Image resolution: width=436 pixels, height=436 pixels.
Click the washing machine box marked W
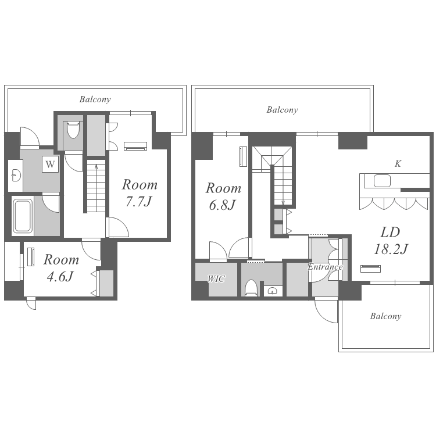[51, 164]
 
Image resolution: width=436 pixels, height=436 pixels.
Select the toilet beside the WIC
[251, 288]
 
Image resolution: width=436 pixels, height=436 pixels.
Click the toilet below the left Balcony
[73, 129]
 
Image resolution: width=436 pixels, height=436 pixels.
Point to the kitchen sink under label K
[382, 181]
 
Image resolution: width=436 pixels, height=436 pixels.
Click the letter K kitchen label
[398, 164]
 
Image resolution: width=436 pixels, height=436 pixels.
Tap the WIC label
[216, 278]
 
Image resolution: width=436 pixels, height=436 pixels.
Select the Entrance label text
[325, 267]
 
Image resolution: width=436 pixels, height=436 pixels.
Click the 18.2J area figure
[391, 249]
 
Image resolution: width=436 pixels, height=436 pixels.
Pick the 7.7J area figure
[138, 201]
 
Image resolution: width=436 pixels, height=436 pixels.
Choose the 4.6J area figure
[60, 276]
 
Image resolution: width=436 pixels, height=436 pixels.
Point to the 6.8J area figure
[222, 205]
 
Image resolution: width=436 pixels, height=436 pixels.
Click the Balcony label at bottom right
[385, 316]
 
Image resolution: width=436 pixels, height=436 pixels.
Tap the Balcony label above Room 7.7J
[95, 99]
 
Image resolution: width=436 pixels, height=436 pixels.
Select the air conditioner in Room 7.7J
[135, 146]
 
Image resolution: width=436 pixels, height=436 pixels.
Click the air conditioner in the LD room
[370, 269]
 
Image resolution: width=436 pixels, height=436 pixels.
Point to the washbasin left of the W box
[16, 176]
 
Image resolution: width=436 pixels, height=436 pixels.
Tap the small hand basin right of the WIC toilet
[272, 291]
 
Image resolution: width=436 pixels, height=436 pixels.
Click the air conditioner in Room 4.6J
[31, 257]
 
